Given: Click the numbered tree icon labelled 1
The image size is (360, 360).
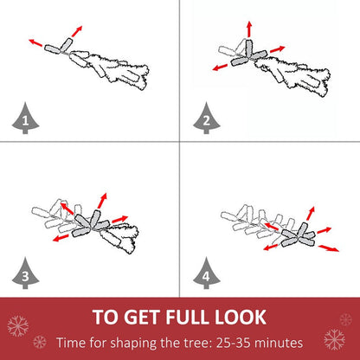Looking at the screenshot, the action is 25,119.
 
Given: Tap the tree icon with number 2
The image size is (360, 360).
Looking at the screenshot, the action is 207,119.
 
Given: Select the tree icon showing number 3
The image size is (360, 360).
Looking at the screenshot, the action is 25,273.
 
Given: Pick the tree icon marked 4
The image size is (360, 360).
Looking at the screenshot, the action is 207,273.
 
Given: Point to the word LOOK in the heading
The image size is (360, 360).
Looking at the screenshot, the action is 241,317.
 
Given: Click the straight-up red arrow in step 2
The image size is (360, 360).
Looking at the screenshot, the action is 249,29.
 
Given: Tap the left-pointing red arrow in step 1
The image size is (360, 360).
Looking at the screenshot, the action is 35,42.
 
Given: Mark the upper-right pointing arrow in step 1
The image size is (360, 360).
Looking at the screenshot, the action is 77,31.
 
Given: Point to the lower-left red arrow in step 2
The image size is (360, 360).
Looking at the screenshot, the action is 220,67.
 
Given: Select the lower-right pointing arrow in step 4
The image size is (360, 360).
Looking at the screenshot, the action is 329,248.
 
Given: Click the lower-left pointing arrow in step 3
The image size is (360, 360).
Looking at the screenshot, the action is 61,238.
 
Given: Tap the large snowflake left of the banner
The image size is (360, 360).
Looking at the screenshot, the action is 18,326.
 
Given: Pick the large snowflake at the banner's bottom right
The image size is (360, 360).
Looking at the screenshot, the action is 334,339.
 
